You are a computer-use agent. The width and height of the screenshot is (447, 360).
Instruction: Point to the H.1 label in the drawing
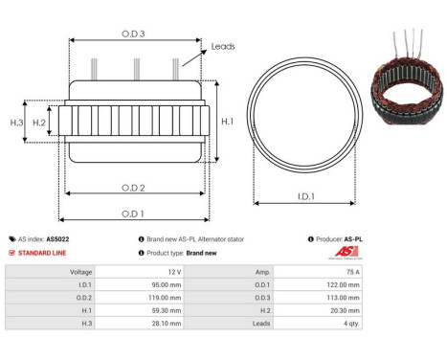pyautogui.click(x=227, y=122)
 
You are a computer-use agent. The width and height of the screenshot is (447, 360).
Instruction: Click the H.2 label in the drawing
pyautogui.click(x=39, y=123)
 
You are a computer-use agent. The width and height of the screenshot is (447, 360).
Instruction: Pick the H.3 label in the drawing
pyautogui.click(x=16, y=123)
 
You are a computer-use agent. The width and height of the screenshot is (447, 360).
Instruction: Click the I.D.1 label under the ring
pyautogui.click(x=304, y=197)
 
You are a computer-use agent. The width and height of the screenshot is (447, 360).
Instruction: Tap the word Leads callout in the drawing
pyautogui.click(x=223, y=45)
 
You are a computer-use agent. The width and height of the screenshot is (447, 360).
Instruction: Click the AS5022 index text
pyautogui.click(x=58, y=239)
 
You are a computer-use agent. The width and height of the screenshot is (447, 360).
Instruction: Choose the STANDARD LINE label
pyautogui.click(x=44, y=253)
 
